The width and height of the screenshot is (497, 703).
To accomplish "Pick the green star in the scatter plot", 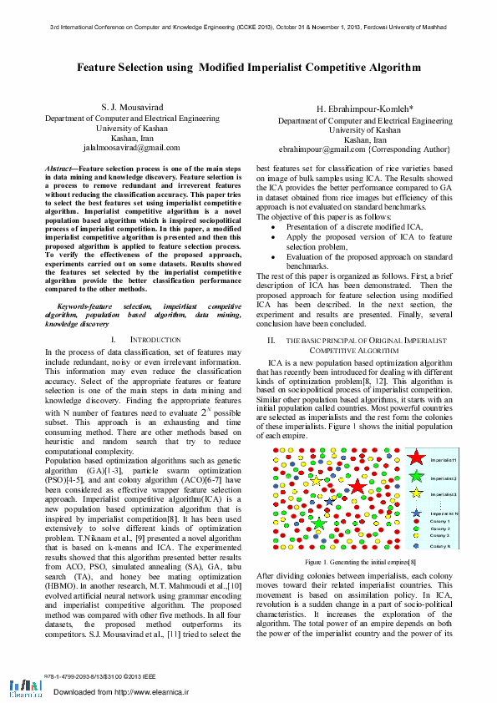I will (x=319, y=524).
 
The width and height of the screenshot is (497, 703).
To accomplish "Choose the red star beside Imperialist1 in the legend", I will (x=416, y=458).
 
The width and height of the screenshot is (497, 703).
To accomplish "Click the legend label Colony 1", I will (x=440, y=521).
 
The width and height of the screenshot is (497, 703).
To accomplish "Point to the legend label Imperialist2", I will (x=444, y=478).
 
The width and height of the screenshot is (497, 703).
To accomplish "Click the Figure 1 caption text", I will (x=361, y=564).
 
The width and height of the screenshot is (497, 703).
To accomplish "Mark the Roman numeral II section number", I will (x=271, y=341).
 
